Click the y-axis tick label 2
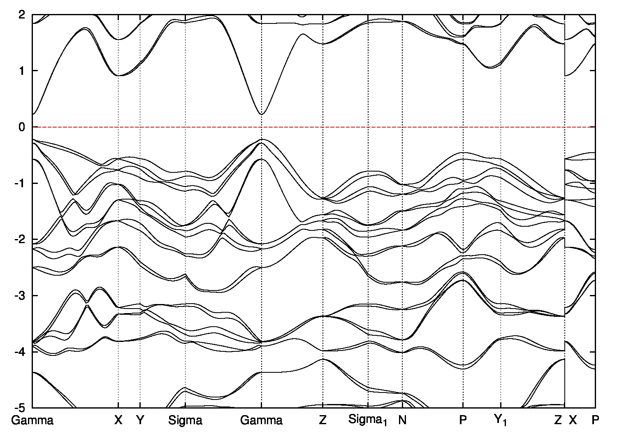click(22, 15)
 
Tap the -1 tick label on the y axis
click(21, 183)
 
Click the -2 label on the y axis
click(21, 239)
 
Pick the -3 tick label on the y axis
click(21, 295)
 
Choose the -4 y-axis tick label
click(21, 352)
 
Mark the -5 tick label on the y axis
click(21, 408)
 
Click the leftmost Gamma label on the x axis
click(32, 420)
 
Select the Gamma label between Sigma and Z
click(261, 420)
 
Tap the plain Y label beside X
click(140, 420)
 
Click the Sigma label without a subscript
click(185, 420)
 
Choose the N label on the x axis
click(402, 420)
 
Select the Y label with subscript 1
click(501, 420)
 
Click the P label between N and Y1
click(464, 420)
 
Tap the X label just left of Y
click(118, 420)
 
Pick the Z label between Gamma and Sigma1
click(323, 420)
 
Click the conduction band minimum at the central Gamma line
click(261, 114)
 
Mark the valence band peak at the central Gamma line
click(262, 139)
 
